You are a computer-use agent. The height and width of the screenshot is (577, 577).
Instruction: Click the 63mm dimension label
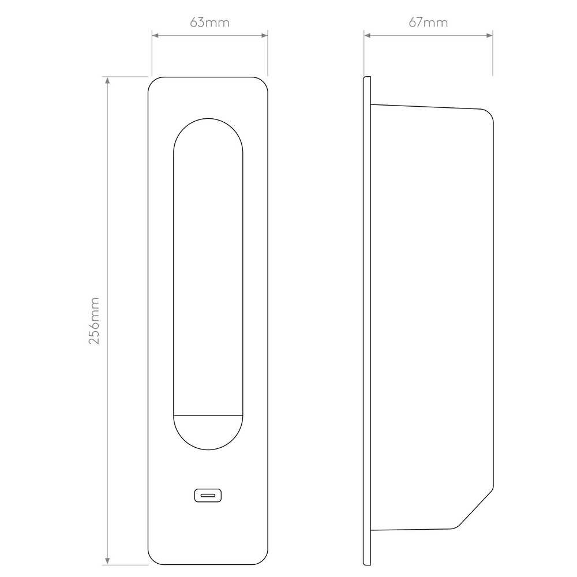tap(210, 23)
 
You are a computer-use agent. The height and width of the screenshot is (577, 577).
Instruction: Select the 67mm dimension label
tap(428, 23)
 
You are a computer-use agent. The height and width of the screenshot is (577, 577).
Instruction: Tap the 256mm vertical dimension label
tap(94, 320)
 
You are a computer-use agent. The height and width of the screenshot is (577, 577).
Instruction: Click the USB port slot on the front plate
tap(208, 495)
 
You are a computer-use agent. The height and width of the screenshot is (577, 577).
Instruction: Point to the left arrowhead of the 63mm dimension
tap(155, 35)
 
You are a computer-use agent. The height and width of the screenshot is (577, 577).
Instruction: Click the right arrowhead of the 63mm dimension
tap(264, 35)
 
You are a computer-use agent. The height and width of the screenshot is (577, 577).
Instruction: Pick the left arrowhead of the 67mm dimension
tap(368, 35)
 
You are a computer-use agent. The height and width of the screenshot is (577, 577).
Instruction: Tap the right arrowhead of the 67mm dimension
tap(489, 35)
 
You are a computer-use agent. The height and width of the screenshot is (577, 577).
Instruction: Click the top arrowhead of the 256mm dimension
tap(107, 81)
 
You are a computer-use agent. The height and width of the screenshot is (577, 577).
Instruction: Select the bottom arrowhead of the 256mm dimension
tap(107, 561)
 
